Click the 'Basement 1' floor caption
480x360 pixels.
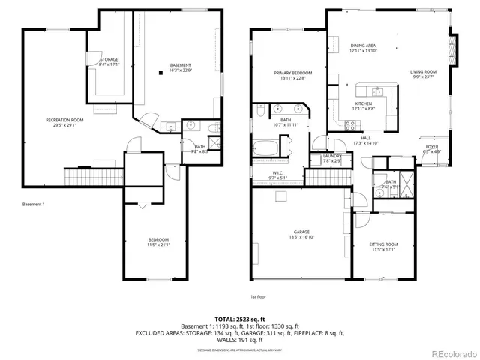point(34,204)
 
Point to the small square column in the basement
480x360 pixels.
point(160,73)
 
